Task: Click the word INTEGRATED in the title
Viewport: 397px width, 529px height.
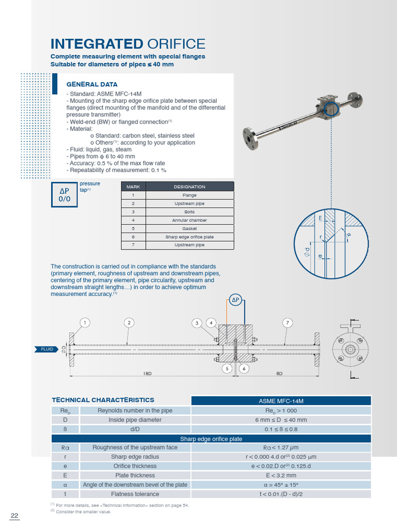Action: [x=96, y=44]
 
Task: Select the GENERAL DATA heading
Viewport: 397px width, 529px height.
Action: [x=92, y=84]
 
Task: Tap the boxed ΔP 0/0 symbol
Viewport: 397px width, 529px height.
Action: [x=64, y=195]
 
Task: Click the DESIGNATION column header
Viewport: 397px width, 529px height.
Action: [x=190, y=186]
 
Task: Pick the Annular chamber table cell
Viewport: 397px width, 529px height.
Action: [x=190, y=220]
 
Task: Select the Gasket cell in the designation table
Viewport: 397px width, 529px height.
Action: [x=190, y=228]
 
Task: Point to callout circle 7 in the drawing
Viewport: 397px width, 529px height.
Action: [x=288, y=323]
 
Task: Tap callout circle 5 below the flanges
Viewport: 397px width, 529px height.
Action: [x=227, y=368]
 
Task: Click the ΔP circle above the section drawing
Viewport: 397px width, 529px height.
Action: [x=236, y=300]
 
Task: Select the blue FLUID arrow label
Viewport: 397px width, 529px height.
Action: [x=47, y=350]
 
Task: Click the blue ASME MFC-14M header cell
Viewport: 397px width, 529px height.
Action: [x=281, y=400]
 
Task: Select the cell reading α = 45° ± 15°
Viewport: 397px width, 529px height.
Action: [x=281, y=485]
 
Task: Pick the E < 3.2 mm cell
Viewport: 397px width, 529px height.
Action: [x=281, y=475]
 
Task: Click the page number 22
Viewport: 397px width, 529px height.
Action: [x=14, y=516]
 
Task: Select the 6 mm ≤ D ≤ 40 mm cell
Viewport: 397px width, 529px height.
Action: [x=281, y=419]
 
